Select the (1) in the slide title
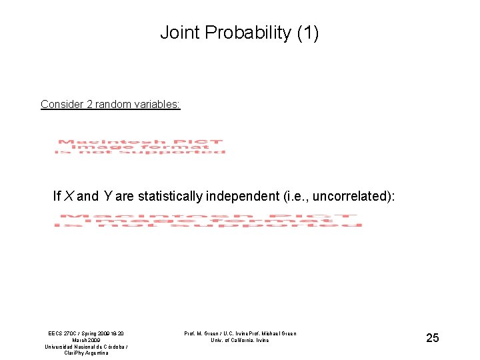point(307,33)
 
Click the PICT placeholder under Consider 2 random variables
point(140,147)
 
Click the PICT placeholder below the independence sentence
point(208,221)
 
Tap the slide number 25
point(433,338)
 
